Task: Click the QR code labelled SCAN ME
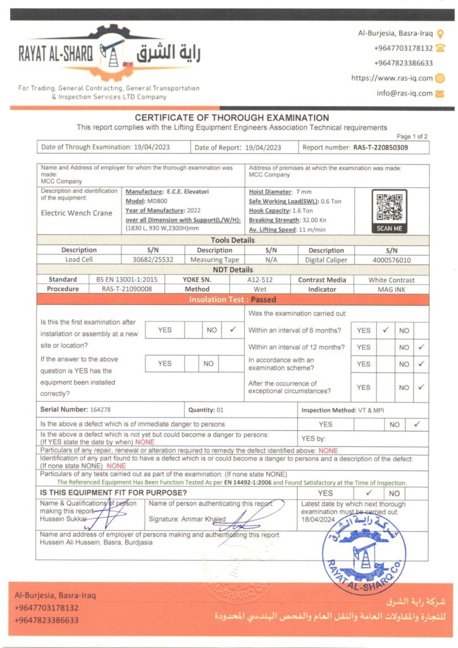coord(389,208)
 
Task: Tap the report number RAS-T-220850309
coord(380,147)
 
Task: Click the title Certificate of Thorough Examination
coord(232,118)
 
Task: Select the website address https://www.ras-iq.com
coord(392,78)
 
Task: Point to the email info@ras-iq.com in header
coord(405,93)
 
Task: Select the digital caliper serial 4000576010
coord(390,259)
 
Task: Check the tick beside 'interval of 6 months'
coord(385,330)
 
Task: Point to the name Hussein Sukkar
coord(63,518)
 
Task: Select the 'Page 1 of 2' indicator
coord(412,136)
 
